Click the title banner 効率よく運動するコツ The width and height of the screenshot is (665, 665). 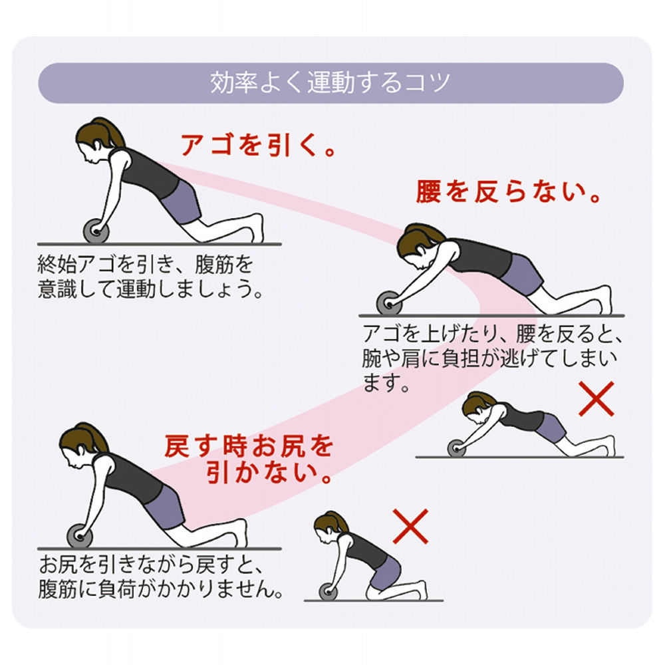click(x=331, y=83)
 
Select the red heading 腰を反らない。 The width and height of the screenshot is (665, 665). click(x=509, y=194)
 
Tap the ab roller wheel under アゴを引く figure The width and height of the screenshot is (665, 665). click(x=95, y=231)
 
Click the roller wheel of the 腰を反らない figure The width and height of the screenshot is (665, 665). click(x=389, y=303)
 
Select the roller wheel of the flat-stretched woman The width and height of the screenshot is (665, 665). click(x=458, y=447)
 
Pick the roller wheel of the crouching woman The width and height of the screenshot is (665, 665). click(x=329, y=591)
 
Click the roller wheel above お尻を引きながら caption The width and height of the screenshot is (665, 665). click(x=79, y=535)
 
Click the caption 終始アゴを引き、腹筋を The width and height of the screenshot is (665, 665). click(x=146, y=265)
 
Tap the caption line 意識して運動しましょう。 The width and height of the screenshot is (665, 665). click(x=150, y=290)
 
